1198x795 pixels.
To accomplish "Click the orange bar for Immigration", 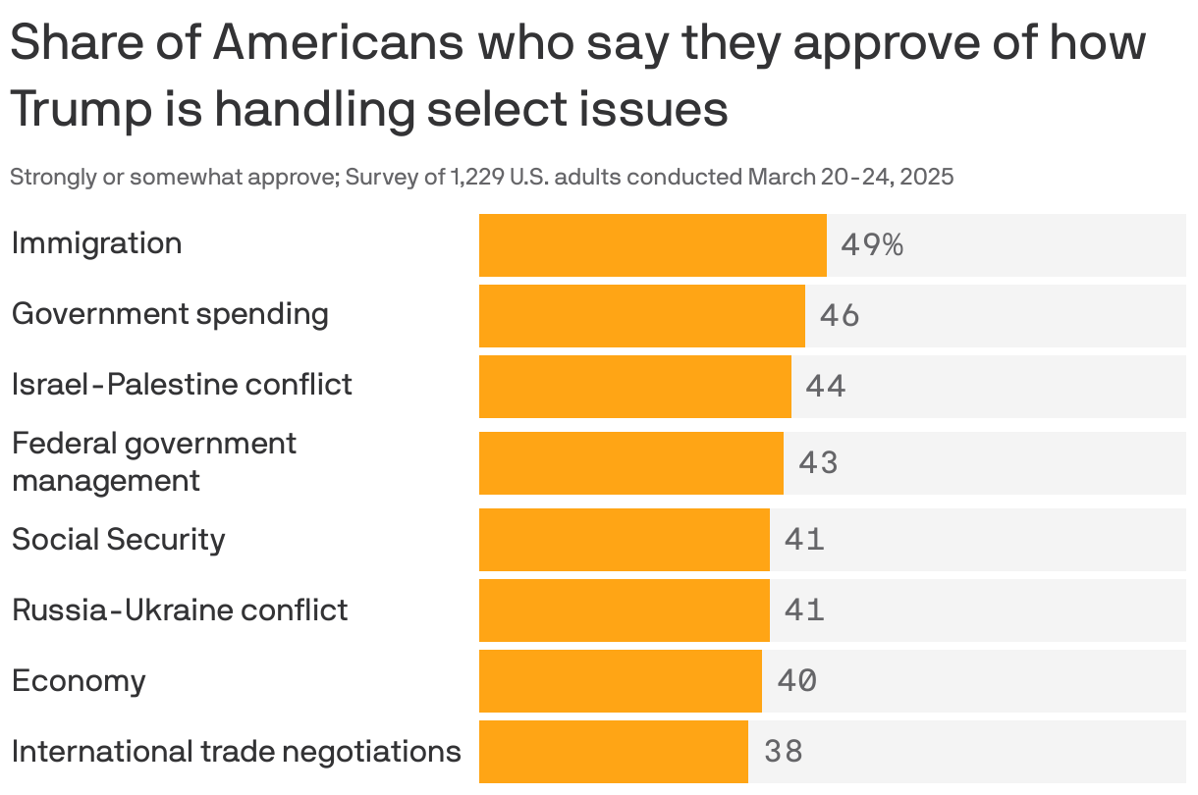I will point(652,244).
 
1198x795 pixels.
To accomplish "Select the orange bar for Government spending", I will point(641,315).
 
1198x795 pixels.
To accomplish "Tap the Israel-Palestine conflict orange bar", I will point(634,386).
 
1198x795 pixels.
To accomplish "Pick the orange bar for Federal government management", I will point(630,462).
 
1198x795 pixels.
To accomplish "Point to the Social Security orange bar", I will point(624,539).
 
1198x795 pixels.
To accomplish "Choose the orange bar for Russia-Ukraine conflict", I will point(624,609).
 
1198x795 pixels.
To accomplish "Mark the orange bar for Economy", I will point(620,680).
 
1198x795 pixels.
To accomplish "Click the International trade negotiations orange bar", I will point(613,751).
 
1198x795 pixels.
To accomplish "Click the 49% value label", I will point(871,244).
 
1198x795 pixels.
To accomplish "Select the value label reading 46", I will point(840,315).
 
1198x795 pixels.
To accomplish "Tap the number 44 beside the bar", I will point(825,386).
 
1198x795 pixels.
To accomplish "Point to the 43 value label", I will point(818,462).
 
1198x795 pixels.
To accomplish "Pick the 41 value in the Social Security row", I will point(804,539).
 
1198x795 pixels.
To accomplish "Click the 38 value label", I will point(784,751).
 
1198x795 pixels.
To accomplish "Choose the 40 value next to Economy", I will point(796,680).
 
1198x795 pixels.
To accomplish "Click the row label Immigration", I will point(96,243).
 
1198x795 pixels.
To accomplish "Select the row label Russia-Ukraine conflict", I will point(180,609).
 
